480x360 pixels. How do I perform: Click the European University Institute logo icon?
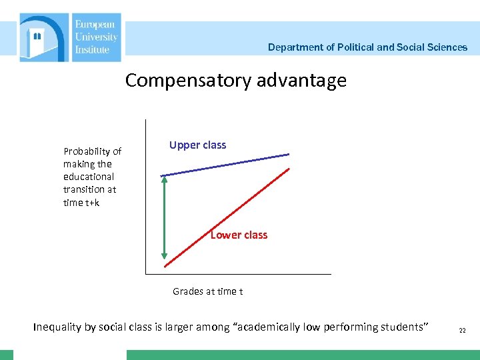[x=44, y=37]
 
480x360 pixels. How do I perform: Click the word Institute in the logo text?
[x=93, y=49]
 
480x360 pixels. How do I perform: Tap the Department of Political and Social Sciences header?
[x=367, y=47]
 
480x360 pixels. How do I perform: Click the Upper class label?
[x=197, y=145]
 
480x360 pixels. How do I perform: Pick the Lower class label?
[x=239, y=235]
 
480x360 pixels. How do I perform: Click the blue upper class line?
[x=227, y=165]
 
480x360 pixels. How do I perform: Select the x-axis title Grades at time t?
[x=208, y=291]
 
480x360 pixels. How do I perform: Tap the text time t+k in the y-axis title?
[x=81, y=203]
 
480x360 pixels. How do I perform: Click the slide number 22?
[x=462, y=330]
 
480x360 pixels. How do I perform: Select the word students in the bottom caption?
[x=402, y=327]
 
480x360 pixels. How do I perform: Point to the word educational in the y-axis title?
[x=89, y=177]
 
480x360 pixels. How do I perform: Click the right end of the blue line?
[x=288, y=155]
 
